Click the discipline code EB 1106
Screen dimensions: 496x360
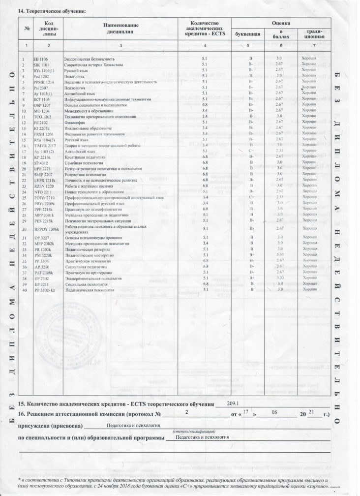pyautogui.click(x=41, y=59)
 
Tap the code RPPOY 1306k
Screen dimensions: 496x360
pyautogui.click(x=47, y=229)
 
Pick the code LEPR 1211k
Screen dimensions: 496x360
pyautogui.click(x=44, y=180)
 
